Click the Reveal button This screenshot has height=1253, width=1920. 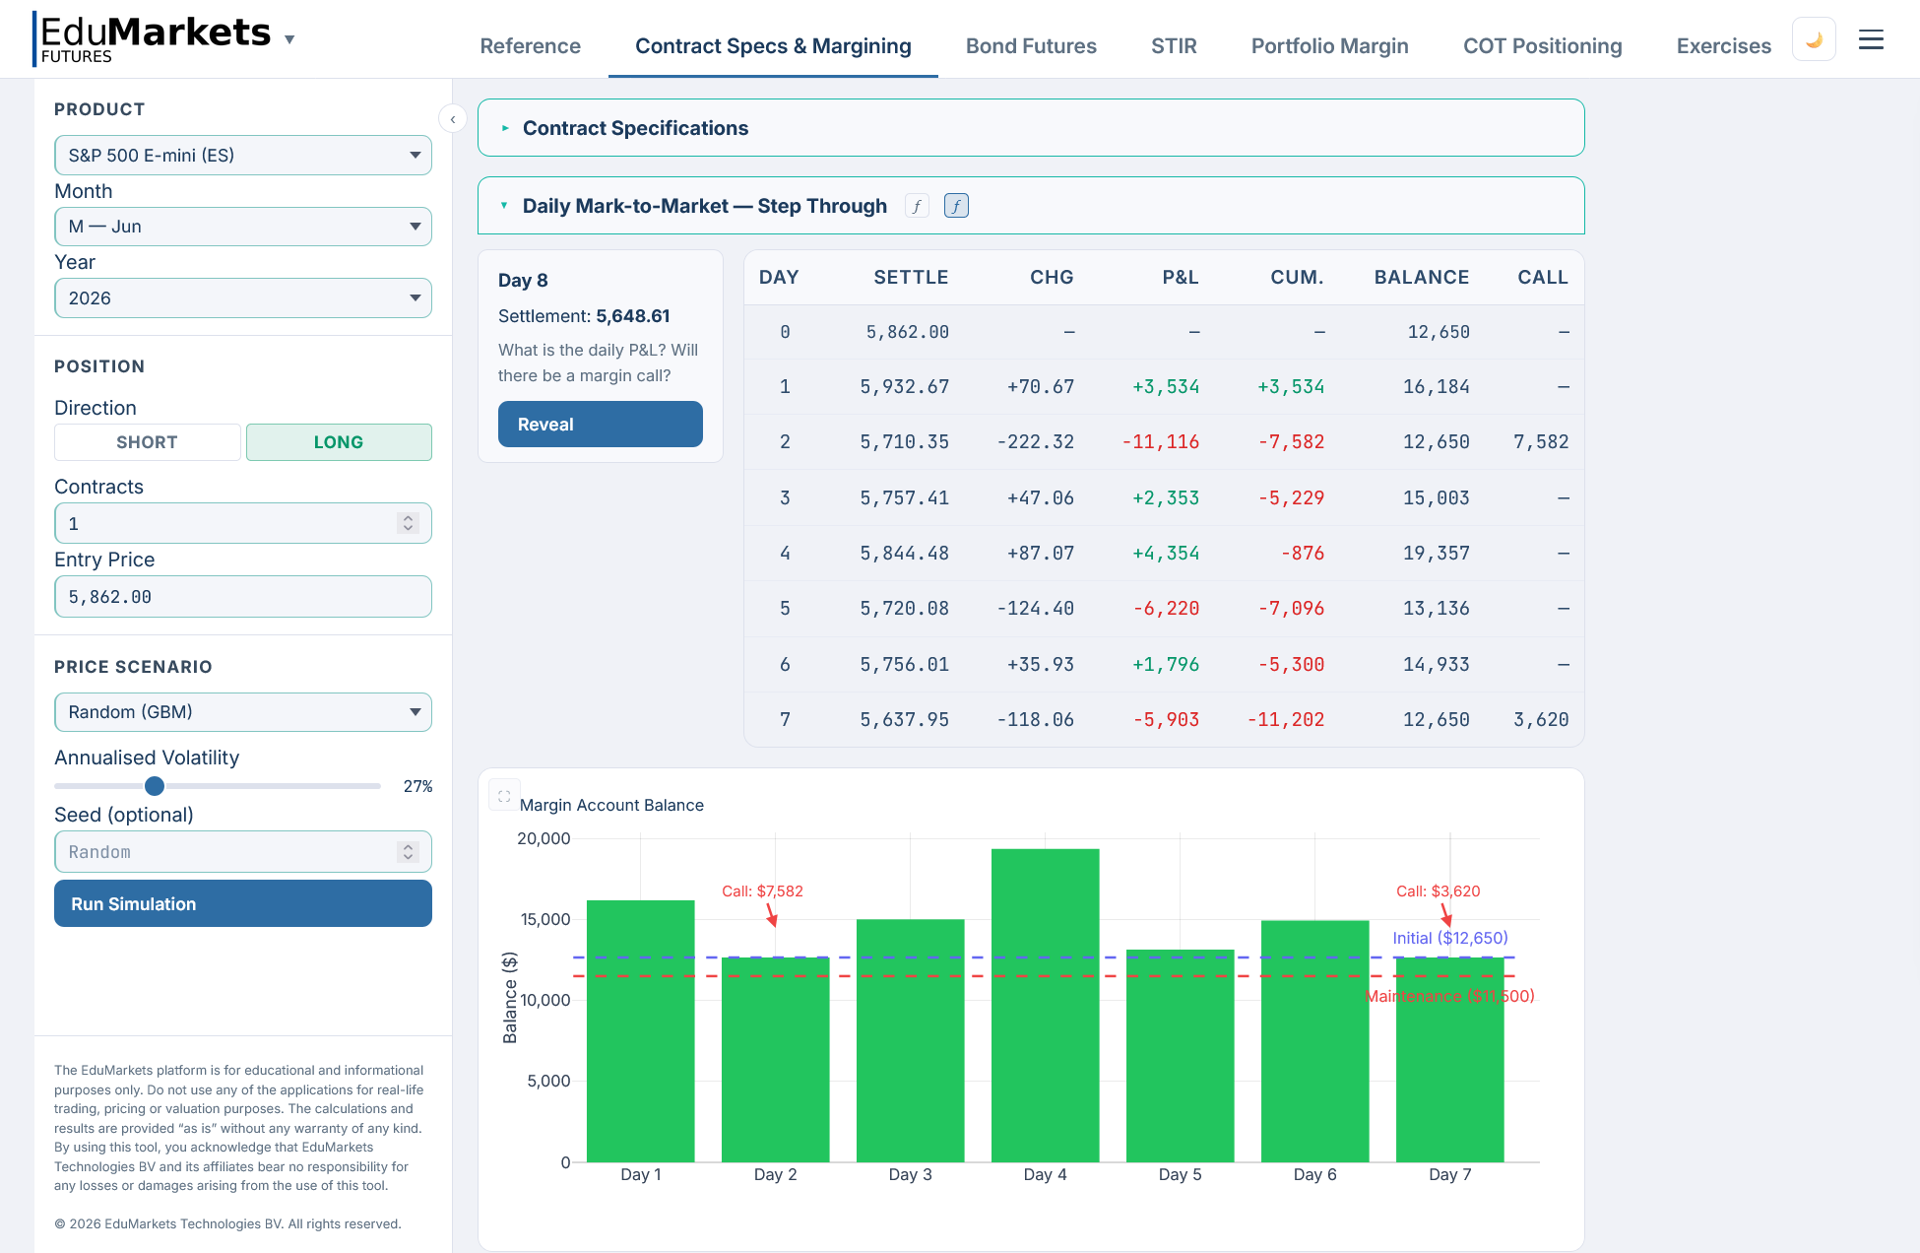pos(600,424)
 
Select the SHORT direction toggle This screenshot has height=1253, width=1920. pos(147,442)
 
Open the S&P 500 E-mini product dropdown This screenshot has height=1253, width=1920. pos(242,155)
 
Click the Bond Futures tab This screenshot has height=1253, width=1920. pos(1030,46)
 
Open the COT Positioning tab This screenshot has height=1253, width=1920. pos(1542,46)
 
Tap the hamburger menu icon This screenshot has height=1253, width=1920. pos(1870,40)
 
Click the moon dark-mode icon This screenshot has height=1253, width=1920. pos(1813,40)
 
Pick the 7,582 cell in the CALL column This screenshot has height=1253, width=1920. pos(1540,442)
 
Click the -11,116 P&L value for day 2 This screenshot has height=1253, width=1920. pos(1160,442)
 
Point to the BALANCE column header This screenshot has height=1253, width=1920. pos(1421,278)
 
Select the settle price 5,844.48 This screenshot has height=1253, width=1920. pos(904,554)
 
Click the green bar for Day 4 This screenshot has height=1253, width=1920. pos(1045,1005)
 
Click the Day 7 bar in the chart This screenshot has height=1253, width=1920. pos(1449,1059)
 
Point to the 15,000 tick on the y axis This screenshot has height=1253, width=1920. pos(544,919)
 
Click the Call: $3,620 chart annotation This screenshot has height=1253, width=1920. pos(1438,891)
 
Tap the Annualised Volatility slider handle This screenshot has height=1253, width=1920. pos(155,786)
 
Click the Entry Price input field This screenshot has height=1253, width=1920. pos(242,597)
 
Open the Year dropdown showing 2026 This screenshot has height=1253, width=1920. pos(242,298)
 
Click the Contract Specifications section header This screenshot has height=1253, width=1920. pos(635,128)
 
